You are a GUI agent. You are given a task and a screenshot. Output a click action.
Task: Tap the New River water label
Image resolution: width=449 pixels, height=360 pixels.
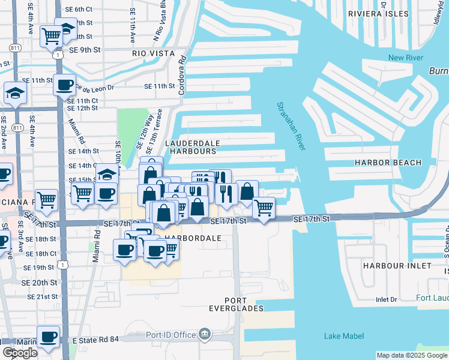406,58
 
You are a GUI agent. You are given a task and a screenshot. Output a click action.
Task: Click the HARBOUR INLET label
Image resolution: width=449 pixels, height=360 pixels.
397,265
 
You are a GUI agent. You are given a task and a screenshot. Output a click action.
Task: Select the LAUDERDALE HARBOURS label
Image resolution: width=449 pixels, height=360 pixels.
191,148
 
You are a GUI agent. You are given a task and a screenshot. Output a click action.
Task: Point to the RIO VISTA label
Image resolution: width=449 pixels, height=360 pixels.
153,53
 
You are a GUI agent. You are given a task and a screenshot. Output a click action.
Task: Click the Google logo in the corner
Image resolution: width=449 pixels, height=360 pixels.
20,353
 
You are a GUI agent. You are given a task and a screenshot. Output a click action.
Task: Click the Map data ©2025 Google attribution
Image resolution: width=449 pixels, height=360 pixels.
412,355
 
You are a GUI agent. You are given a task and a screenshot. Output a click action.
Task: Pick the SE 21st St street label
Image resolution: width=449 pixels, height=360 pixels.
40,297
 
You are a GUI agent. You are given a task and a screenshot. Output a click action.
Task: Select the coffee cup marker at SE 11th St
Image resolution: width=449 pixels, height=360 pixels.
64,84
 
